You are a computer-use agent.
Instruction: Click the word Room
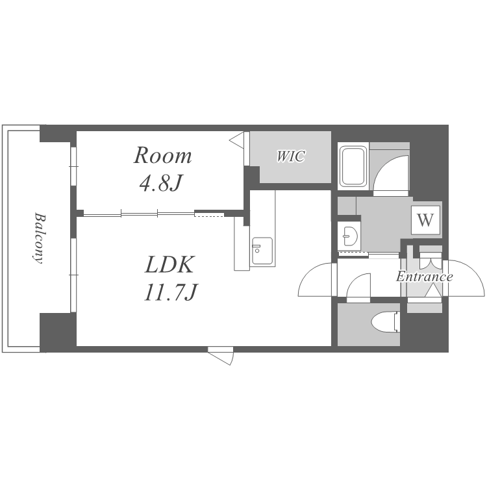[162, 155]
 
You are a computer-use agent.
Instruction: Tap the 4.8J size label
[160, 184]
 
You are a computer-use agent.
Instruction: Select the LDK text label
[169, 265]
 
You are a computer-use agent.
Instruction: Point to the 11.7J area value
[170, 293]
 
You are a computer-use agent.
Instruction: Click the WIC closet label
[291, 156]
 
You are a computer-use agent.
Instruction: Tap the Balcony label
[38, 238]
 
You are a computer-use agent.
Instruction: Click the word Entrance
[424, 277]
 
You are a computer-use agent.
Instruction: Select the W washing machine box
[425, 220]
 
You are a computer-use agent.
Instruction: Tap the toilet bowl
[385, 322]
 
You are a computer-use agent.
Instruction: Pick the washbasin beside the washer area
[350, 236]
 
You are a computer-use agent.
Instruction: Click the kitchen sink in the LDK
[262, 251]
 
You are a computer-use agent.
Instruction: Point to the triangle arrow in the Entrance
[433, 292]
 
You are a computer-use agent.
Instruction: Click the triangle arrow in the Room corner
[236, 140]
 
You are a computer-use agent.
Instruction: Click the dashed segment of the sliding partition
[209, 214]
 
